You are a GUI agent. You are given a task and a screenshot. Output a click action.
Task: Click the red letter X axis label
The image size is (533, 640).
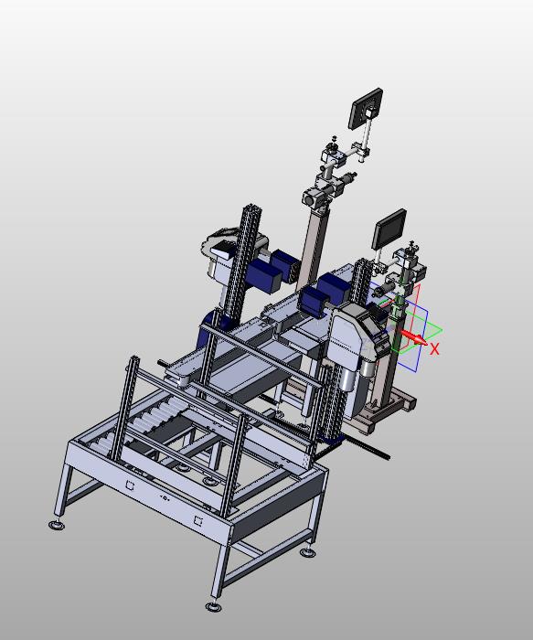point(434,349)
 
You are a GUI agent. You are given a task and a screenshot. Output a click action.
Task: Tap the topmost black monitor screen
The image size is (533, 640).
point(366,109)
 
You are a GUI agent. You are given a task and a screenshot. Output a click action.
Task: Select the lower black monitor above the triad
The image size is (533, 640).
point(389,229)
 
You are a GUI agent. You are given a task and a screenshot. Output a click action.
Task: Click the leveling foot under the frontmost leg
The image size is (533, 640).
point(214,607)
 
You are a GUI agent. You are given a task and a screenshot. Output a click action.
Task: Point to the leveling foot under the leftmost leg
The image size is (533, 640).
point(57,525)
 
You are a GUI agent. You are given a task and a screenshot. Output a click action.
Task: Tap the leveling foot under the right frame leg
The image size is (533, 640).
point(307,552)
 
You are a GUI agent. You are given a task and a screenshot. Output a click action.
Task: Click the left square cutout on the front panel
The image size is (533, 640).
point(130,485)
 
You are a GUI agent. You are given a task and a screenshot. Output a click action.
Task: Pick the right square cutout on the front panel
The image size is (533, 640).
point(198,521)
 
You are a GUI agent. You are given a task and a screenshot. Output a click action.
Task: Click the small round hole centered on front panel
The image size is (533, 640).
point(165,498)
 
